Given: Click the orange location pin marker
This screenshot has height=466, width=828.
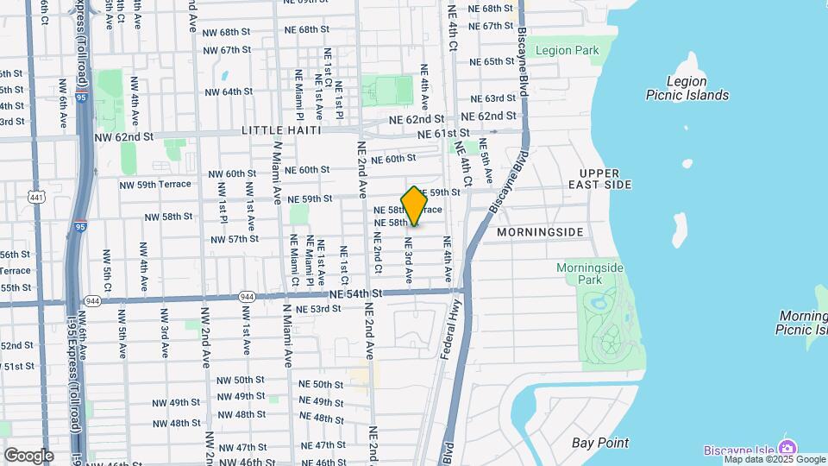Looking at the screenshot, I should click(x=415, y=206).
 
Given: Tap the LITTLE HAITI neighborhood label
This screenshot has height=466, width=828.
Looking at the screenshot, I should click(x=281, y=129).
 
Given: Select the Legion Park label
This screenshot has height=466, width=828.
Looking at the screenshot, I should click(x=567, y=50).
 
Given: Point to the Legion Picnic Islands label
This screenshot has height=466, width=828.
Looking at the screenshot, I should click(x=687, y=88).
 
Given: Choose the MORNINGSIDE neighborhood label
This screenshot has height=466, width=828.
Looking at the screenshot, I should click(x=541, y=232).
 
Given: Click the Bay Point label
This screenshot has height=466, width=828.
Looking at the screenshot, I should click(x=600, y=443).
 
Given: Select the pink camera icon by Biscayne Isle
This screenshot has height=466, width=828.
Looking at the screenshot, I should click(x=786, y=447).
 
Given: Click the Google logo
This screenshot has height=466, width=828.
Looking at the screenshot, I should click(x=28, y=455).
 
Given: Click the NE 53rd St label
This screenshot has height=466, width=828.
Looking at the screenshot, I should click(x=318, y=309).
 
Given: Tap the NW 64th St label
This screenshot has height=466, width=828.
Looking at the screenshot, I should click(x=229, y=91).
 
